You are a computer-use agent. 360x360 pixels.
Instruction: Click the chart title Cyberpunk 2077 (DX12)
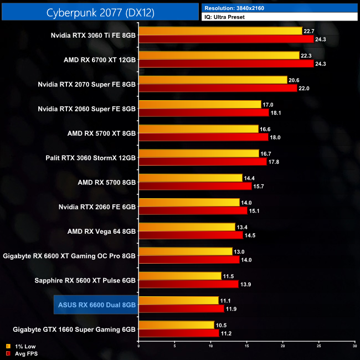(100, 12)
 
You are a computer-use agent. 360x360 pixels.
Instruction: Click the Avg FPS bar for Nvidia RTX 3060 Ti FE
(226, 39)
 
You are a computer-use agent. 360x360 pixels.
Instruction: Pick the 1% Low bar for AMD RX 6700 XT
(219, 55)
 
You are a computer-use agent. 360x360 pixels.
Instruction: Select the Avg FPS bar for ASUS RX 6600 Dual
(181, 308)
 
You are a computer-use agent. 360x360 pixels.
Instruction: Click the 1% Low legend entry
(20, 346)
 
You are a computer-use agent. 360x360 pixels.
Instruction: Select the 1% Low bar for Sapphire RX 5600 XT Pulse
(180, 276)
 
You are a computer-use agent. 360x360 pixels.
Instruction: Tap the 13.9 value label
(246, 284)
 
